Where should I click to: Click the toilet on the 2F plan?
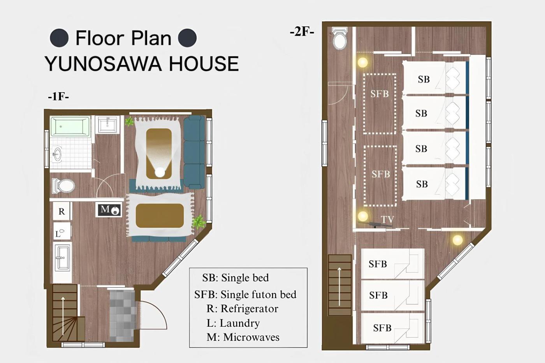pyautogui.click(x=340, y=39)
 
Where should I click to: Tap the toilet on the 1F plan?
pyautogui.click(x=63, y=186)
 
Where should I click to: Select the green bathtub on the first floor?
pyautogui.click(x=70, y=126)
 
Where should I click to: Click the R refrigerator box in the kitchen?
pyautogui.click(x=62, y=211)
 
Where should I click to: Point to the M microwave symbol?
pyautogui.click(x=109, y=210)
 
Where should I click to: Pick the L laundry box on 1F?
pyautogui.click(x=62, y=231)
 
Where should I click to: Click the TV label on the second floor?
pyautogui.click(x=387, y=219)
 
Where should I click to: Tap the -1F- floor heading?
pyautogui.click(x=58, y=96)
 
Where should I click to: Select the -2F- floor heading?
pyautogui.click(x=302, y=32)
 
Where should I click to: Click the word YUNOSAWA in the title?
pyautogui.click(x=103, y=64)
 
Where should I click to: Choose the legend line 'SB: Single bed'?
pyautogui.click(x=236, y=278)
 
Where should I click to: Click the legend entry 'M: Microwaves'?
pyautogui.click(x=243, y=337)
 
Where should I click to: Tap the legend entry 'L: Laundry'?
pyautogui.click(x=233, y=323)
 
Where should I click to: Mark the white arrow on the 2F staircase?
pyautogui.click(x=339, y=286)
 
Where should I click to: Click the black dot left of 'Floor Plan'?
pyautogui.click(x=59, y=38)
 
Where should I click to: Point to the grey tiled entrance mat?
pyautogui.click(x=122, y=316)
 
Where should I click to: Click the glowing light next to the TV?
pyautogui.click(x=363, y=216)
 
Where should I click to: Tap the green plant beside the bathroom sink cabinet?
pyautogui.click(x=129, y=121)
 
